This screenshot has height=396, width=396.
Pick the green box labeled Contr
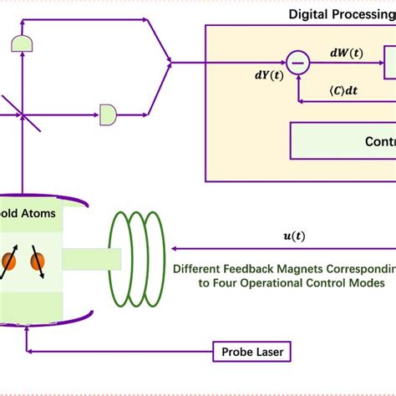coord(343,141)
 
